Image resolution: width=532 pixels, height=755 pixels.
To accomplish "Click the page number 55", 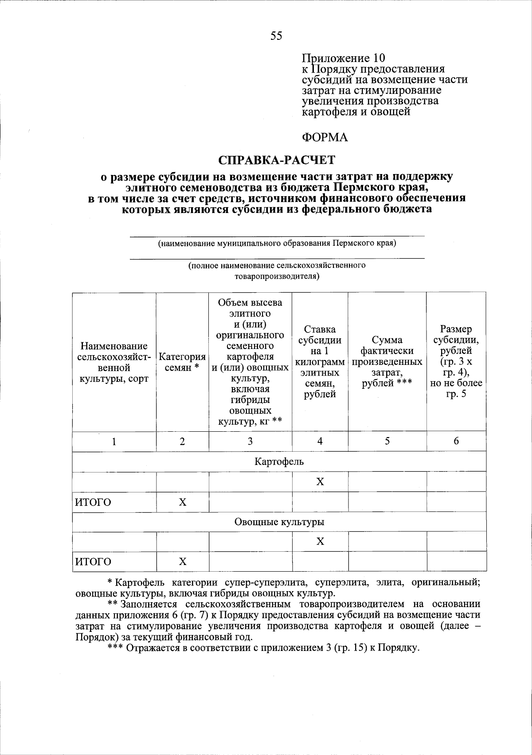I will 276,36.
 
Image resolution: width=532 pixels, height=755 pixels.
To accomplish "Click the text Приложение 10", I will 344,58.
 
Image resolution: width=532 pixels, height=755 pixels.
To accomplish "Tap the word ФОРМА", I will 325,138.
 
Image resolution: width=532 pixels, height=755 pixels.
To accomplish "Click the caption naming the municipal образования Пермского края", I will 277,243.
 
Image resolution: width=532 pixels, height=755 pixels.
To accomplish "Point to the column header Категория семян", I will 182,362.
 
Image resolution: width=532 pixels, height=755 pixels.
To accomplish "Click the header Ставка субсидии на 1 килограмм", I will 320,362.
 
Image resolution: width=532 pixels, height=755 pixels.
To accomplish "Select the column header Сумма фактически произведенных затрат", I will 387,362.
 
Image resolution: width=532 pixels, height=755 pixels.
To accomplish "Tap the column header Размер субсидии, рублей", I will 456,362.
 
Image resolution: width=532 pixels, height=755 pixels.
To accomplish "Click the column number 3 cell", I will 250,441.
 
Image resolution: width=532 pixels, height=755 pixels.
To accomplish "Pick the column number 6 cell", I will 456,441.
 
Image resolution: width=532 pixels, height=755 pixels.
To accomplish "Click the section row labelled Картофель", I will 279,462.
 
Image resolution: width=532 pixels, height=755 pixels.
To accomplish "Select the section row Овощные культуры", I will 279,522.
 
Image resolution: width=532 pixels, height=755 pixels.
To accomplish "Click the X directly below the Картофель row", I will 320,482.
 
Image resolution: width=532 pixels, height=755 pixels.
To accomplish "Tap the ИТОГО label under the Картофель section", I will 93,502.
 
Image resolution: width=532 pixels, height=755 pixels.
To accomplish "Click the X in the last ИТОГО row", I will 182,562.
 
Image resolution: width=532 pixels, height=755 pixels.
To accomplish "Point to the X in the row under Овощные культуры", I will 320,542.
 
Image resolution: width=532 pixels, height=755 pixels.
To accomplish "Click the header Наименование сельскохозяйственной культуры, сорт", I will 113,362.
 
